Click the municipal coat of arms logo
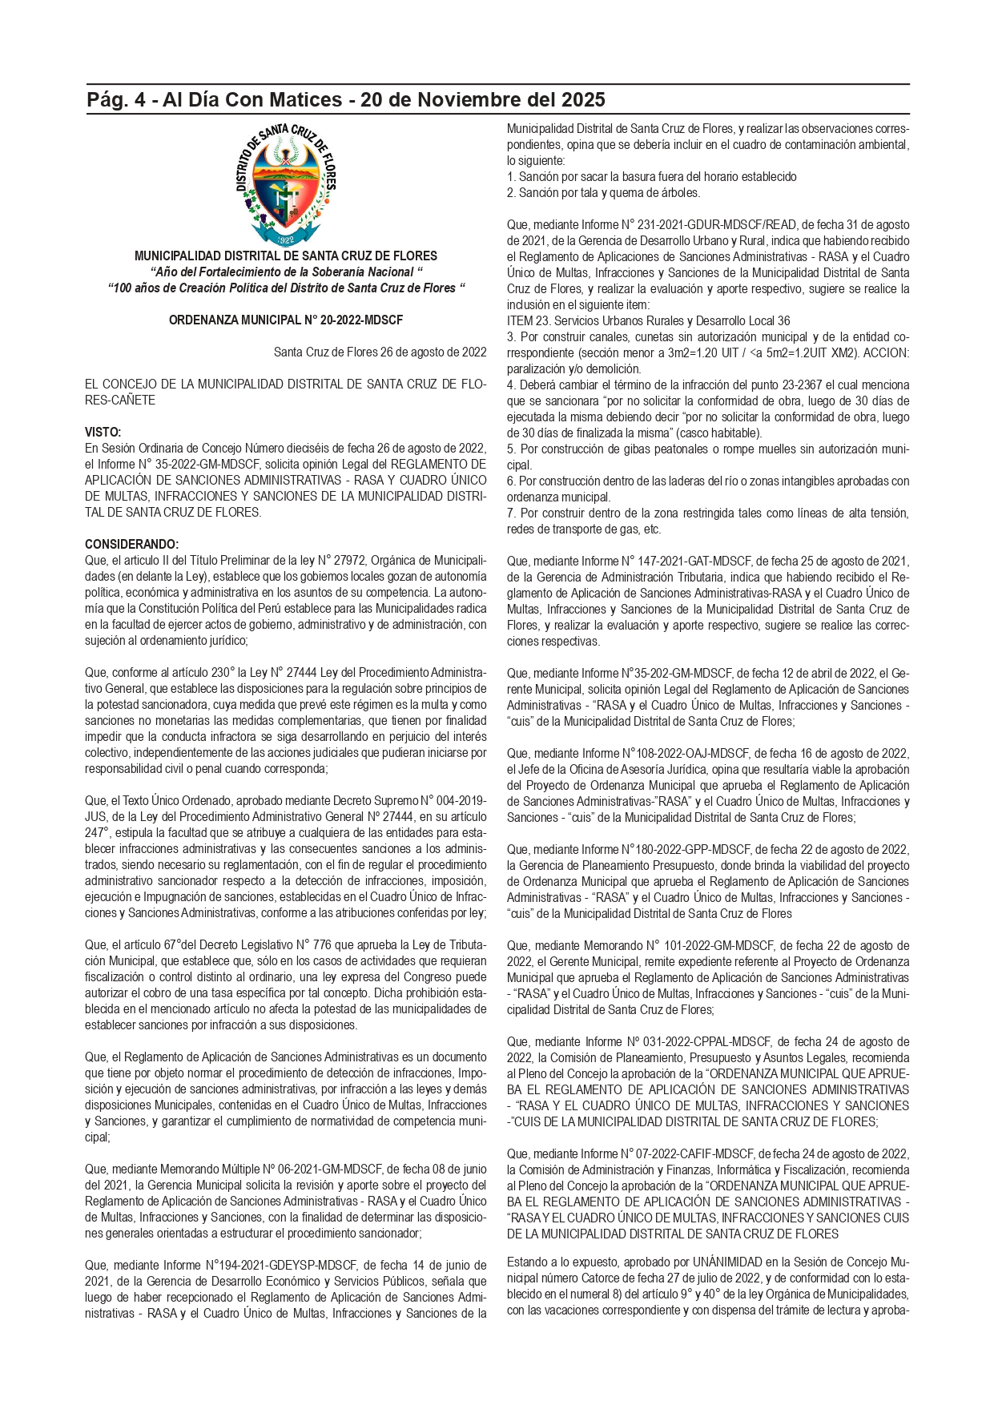tap(286, 185)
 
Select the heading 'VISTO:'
tap(103, 433)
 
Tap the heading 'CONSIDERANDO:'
tap(132, 545)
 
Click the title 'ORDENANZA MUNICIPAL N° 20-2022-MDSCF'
tap(286, 320)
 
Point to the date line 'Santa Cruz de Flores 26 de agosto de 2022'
tap(380, 352)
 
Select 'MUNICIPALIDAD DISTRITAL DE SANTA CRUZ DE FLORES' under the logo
tap(286, 256)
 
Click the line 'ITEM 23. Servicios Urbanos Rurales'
tap(648, 320)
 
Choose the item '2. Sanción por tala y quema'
tap(603, 192)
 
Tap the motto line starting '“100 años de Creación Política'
tap(286, 288)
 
